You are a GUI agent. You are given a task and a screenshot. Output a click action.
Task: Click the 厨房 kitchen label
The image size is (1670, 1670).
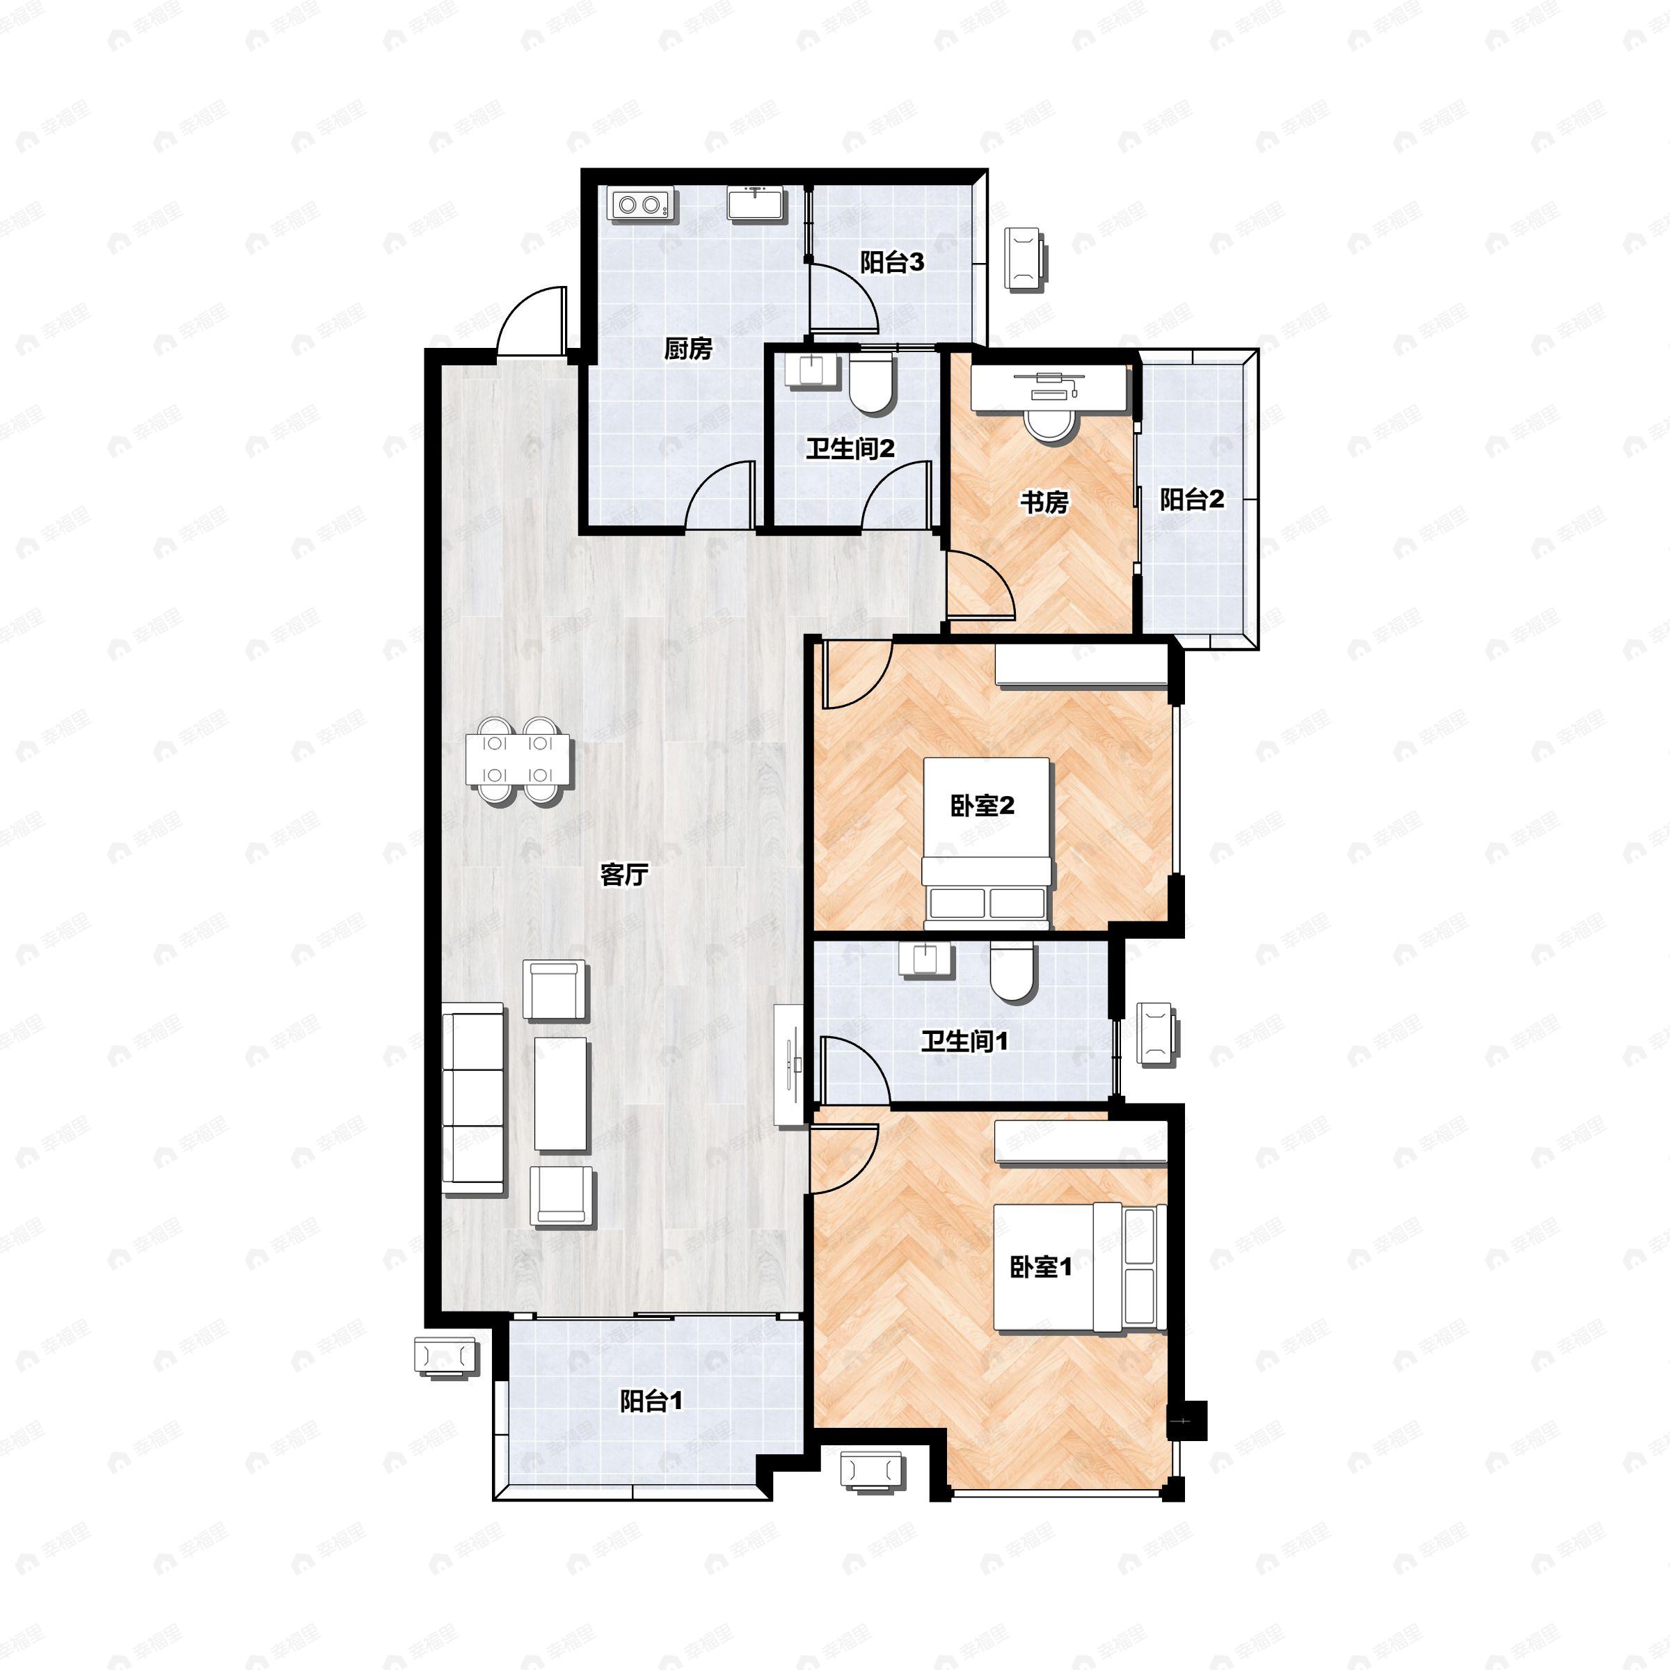(688, 349)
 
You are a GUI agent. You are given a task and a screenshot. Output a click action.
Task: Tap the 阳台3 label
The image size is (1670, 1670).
(891, 262)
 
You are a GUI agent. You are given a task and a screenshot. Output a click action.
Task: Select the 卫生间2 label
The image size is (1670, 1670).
(850, 449)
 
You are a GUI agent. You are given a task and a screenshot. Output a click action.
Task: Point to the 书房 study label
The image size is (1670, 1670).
(1044, 502)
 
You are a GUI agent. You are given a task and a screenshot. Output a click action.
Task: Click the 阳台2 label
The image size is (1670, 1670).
(1192, 500)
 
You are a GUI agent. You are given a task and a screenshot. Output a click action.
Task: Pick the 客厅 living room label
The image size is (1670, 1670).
(624, 875)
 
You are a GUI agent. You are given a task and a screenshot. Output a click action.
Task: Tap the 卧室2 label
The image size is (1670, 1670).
(982, 806)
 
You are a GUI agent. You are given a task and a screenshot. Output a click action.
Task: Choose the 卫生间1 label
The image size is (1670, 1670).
(964, 1042)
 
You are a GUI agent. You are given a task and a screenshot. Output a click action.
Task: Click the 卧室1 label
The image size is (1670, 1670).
(1041, 1267)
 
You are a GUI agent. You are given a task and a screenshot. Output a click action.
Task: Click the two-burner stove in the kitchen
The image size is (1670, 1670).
(640, 205)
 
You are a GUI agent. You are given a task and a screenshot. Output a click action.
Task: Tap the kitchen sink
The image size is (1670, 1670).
(756, 204)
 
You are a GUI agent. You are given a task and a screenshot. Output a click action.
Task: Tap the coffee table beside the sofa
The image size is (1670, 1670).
(560, 1093)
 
